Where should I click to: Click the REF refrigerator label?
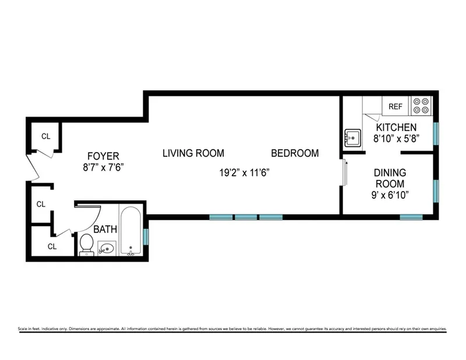pos(396,107)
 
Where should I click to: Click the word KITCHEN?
pos(396,128)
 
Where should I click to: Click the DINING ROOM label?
pos(390,178)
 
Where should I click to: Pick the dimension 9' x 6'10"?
pos(390,194)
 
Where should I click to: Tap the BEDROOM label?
pos(295,154)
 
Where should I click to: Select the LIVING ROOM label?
pos(193,154)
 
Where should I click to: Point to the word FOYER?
pos(103,156)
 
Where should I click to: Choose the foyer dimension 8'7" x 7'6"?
pos(103,167)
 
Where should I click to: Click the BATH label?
pos(106,230)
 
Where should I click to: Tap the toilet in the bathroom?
pos(86,244)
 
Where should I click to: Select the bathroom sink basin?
pos(106,249)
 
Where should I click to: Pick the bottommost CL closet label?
pos(52,246)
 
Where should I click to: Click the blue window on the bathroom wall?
pos(146,237)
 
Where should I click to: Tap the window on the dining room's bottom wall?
pos(411,217)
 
